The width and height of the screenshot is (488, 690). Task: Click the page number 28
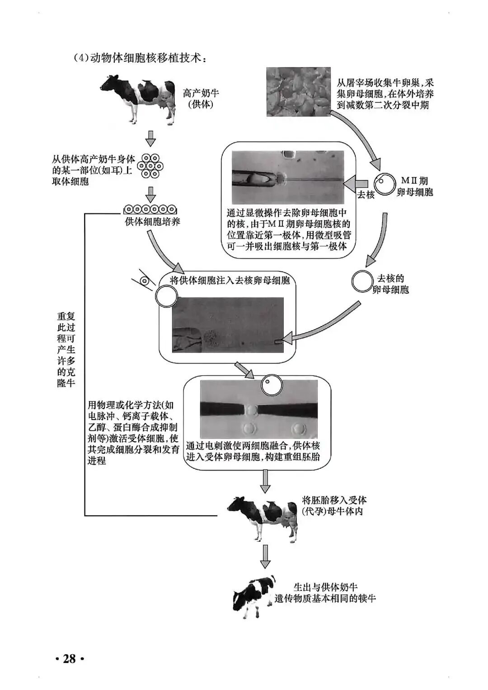69,659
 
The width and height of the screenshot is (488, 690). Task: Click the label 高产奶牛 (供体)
201,98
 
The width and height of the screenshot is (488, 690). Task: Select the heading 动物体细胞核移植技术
141,59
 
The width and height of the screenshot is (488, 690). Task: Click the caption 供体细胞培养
153,222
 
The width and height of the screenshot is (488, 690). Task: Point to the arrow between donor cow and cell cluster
150,139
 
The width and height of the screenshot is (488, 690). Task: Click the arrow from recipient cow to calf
265,556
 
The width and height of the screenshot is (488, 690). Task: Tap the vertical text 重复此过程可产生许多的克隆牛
66,350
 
